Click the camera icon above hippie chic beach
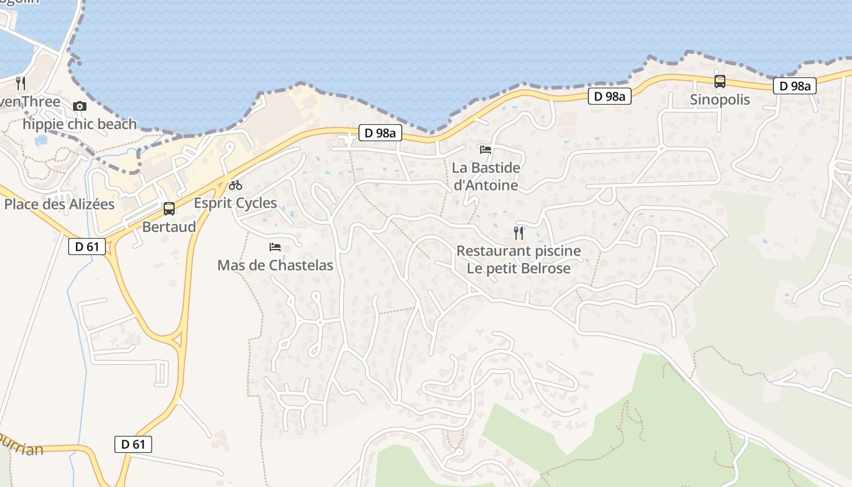[x=79, y=107]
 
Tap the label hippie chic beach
[x=80, y=124]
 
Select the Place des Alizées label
[x=59, y=204]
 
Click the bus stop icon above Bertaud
[x=169, y=209]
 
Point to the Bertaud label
[x=169, y=227]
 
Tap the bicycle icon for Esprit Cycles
[x=236, y=185]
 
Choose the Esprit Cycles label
[x=236, y=203]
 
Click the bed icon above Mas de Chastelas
[x=275, y=247]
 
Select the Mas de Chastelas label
[x=275, y=265]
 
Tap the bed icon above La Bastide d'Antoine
[x=486, y=149]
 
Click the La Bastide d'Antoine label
[x=486, y=177]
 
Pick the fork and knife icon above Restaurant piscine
[x=519, y=233]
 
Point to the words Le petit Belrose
[x=519, y=268]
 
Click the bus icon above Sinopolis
[x=720, y=81]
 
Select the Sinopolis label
[x=720, y=100]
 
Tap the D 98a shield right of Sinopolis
[x=795, y=86]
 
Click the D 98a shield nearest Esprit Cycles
[x=380, y=133]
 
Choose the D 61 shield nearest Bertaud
[x=87, y=247]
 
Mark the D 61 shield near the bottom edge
[x=133, y=444]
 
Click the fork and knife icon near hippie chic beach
[x=21, y=83]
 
